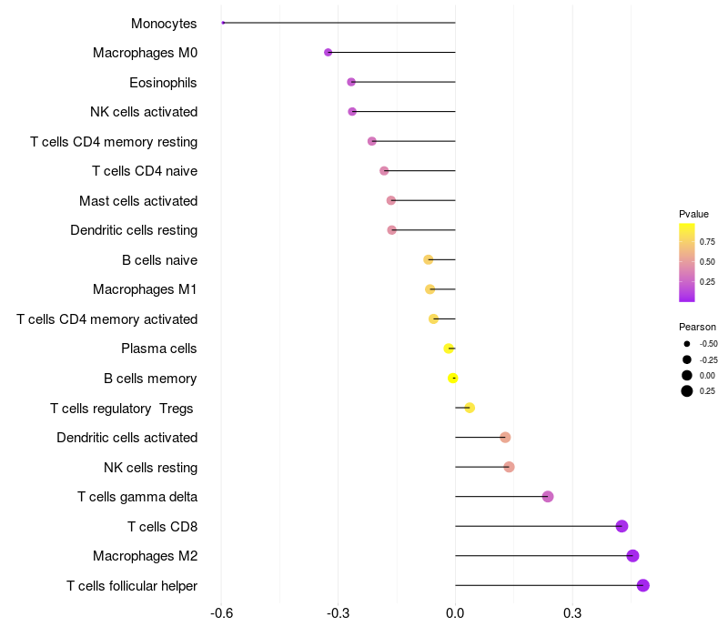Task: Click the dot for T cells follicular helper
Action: [643, 585]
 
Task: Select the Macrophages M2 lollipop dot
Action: [633, 556]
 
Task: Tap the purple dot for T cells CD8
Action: [622, 526]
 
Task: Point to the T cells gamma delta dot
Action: [548, 496]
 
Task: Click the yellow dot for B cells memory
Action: [453, 379]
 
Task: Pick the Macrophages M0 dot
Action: [329, 53]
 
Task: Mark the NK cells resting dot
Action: [509, 467]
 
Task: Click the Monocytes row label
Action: [164, 24]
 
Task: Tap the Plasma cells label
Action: [158, 349]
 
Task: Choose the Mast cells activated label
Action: [138, 201]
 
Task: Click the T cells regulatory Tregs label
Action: [122, 409]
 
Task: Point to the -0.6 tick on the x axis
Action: [221, 613]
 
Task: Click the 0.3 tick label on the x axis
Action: [572, 613]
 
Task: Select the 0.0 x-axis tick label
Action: [455, 613]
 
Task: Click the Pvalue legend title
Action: [693, 214]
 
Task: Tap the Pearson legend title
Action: [697, 327]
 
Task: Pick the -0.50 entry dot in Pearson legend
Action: [686, 344]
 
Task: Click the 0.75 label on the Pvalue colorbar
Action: [707, 241]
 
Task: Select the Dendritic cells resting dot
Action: [392, 230]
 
